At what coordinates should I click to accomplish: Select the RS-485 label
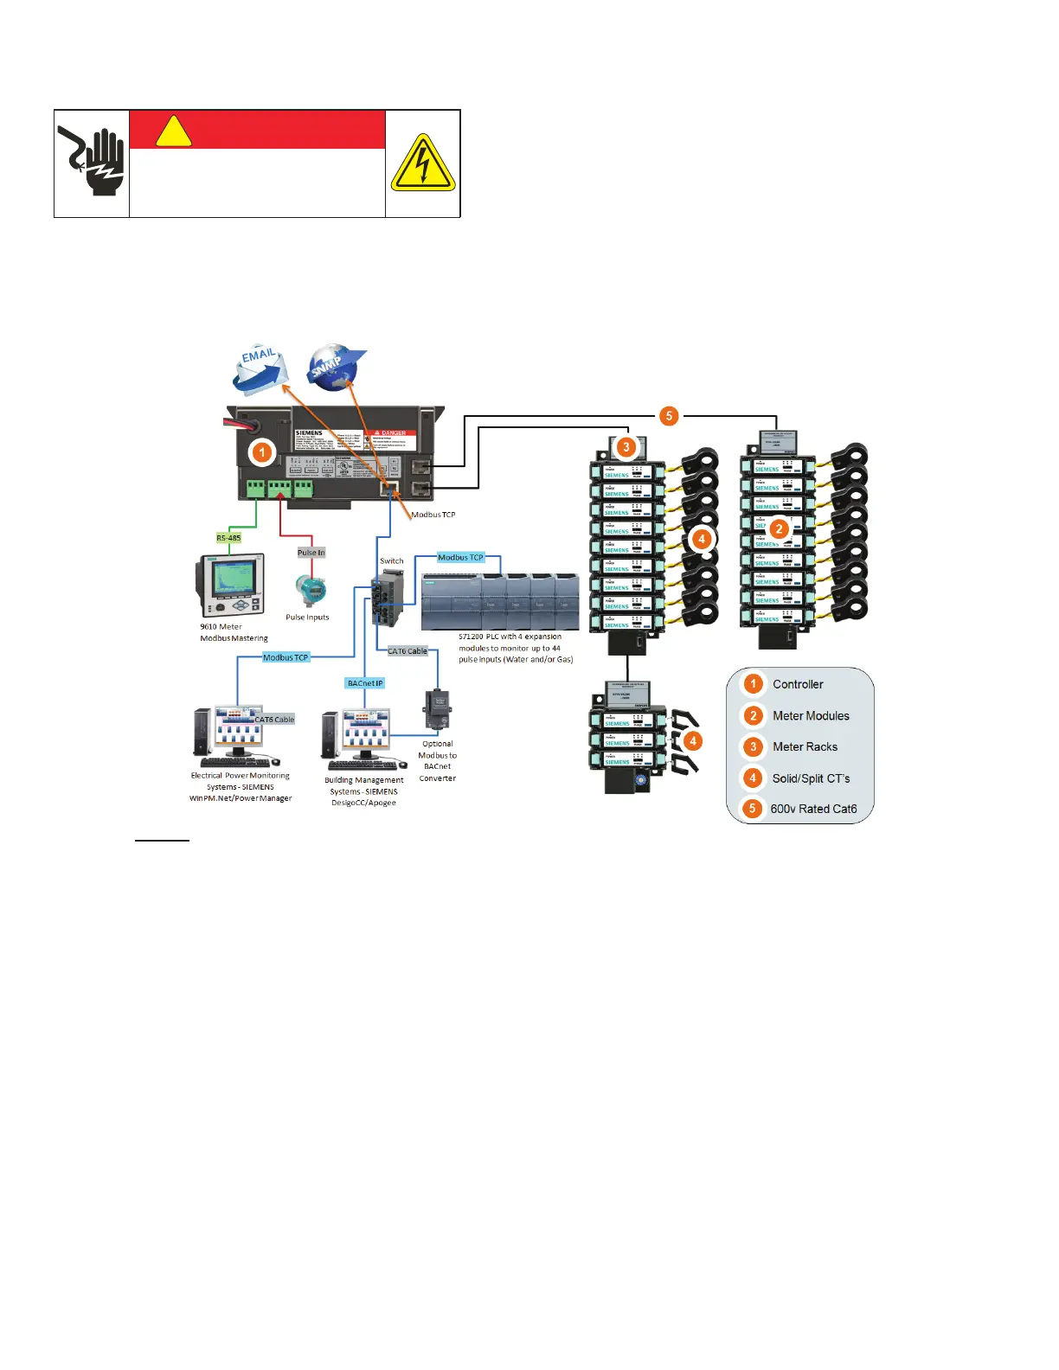pos(228,538)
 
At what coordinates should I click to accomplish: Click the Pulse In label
pos(311,552)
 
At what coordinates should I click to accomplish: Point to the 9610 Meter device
pos(230,586)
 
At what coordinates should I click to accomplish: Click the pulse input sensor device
pos(310,592)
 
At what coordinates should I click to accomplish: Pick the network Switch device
pos(386,598)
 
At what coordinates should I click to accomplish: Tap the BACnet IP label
pos(364,683)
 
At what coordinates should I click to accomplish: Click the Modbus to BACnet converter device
pos(437,710)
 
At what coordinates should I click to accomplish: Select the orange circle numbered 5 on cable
pos(669,416)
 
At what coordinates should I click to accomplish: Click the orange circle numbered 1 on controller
pos(261,451)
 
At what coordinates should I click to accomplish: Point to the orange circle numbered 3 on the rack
pos(626,447)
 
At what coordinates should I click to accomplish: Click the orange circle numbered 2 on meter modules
pos(779,528)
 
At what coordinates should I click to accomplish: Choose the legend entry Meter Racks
pos(805,746)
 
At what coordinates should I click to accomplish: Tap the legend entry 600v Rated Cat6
pos(813,809)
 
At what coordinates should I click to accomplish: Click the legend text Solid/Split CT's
pos(811,778)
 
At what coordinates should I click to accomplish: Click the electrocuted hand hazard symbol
pos(92,162)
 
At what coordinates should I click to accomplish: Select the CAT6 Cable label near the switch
pos(408,651)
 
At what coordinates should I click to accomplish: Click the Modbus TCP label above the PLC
pos(460,557)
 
